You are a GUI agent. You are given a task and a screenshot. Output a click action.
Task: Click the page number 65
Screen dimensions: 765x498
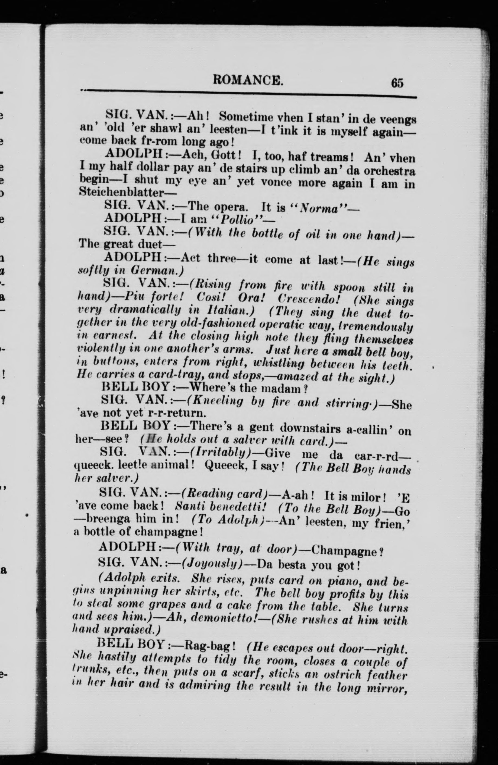[x=397, y=83]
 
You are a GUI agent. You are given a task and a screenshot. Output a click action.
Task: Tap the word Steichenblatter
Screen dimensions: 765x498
[x=123, y=192]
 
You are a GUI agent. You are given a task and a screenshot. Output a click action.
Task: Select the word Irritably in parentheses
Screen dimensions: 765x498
[x=220, y=453]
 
